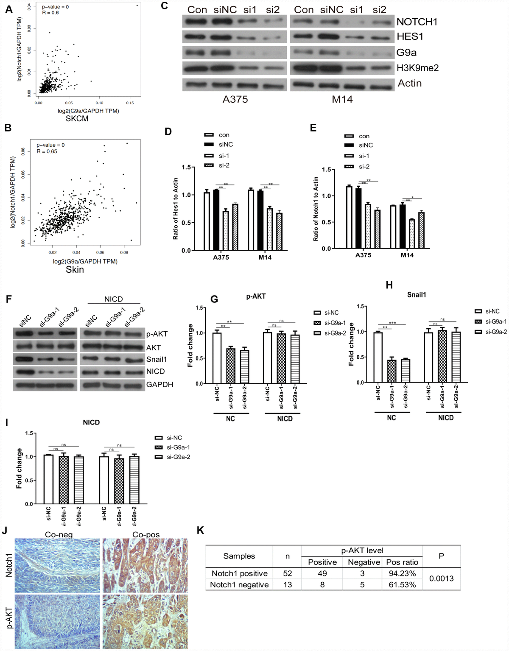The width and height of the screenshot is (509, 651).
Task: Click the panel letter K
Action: coord(201,530)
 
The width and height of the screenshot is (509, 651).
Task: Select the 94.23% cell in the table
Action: coord(402,573)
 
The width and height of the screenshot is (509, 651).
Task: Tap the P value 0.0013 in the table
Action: coord(441,578)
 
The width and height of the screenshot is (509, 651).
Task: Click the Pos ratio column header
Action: coord(402,562)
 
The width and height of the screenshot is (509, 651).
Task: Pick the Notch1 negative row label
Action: coord(240,585)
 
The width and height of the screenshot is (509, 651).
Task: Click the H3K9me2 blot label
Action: coord(417,67)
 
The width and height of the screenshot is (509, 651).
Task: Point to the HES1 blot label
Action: coord(410,36)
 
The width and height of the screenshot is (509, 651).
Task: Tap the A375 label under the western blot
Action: coord(235,99)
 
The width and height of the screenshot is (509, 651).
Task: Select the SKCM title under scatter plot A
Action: coord(77,119)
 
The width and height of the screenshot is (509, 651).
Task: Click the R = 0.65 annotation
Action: coord(47,151)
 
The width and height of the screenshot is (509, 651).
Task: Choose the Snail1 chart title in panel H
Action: coord(417,294)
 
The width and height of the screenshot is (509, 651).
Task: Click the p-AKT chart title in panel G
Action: coord(256,296)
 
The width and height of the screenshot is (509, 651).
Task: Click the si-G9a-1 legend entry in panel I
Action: coord(178,447)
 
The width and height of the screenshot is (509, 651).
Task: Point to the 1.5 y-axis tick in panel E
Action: coord(326,170)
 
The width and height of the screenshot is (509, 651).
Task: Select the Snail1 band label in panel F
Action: coord(157,359)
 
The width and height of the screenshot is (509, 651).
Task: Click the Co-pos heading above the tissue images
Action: coord(146,535)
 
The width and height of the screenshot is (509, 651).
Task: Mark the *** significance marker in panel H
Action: coord(392,323)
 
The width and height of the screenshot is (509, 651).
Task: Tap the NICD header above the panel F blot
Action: coord(113,299)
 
